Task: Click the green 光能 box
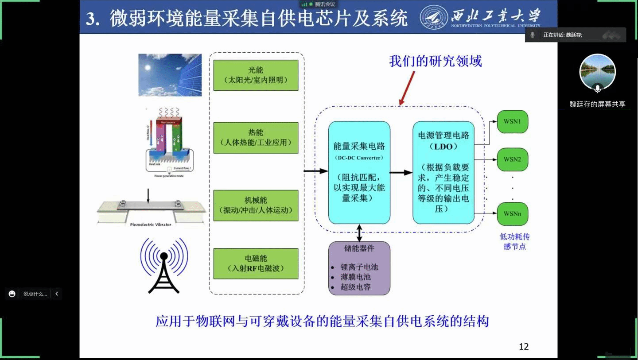coord(256,75)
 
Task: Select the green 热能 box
coord(256,138)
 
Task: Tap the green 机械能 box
coord(256,205)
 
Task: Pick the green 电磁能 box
coord(256,263)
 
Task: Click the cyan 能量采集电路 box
coord(359,172)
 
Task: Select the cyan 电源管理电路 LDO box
coord(443,172)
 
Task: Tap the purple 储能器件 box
coord(359,268)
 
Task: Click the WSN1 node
coord(512,121)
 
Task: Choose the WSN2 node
coord(512,159)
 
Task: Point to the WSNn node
coord(512,214)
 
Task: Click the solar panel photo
coord(170,75)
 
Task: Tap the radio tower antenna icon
coord(164,266)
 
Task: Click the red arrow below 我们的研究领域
coord(407,88)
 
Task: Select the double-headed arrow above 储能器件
coord(359,232)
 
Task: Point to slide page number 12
coord(524,347)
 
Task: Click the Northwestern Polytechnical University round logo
coord(433,18)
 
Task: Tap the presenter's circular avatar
coord(597,72)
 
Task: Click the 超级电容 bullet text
coord(356,287)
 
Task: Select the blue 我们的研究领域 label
coord(435,61)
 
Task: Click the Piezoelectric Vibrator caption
coord(151,225)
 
